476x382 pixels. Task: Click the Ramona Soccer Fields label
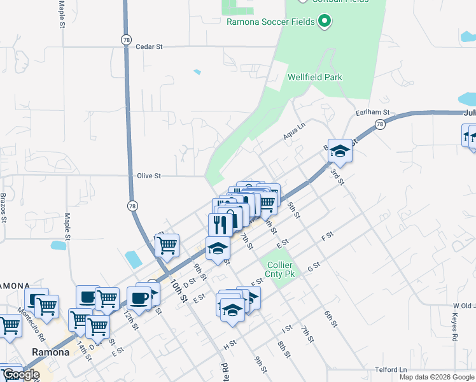tap(271, 22)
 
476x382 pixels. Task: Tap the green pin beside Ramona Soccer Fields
tap(325, 22)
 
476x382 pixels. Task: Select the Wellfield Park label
tap(314, 78)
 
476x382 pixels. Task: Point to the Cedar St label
tap(150, 47)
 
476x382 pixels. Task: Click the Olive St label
tap(149, 176)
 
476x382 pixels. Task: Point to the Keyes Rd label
tap(455, 328)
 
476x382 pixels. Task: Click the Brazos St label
tap(3, 207)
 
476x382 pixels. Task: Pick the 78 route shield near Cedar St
tap(126, 39)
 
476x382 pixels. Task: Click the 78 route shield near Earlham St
tap(380, 124)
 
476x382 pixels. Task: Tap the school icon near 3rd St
tap(340, 151)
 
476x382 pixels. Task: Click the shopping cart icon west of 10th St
tap(167, 244)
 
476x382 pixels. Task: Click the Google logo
tap(20, 374)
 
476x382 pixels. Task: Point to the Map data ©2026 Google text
tap(437, 377)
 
